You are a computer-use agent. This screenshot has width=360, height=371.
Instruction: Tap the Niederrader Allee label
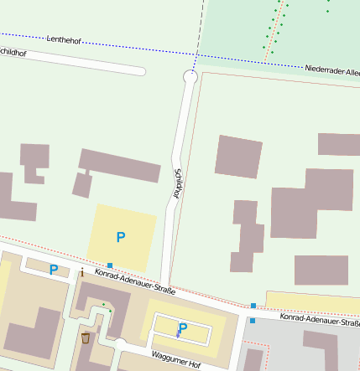[x=331, y=70]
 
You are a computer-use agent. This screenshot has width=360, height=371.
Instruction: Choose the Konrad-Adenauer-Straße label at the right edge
[x=320, y=319]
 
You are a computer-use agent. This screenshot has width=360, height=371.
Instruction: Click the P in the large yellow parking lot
[x=121, y=237]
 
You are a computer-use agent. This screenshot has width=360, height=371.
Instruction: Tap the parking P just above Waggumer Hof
[x=182, y=329]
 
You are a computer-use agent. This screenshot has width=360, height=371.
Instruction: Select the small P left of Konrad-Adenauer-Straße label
[x=54, y=270]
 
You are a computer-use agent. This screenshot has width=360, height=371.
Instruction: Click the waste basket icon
[x=86, y=338]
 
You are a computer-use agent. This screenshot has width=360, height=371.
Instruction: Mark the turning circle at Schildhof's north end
[x=190, y=77]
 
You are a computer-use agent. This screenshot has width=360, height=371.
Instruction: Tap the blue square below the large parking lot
[x=110, y=265]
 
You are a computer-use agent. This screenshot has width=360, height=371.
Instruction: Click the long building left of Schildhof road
[x=120, y=165]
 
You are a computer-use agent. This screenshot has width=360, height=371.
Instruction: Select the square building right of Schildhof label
[x=238, y=156]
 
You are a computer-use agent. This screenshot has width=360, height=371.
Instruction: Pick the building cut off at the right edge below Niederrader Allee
[x=339, y=144]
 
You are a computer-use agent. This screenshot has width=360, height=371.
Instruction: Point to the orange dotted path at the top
[x=272, y=33]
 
